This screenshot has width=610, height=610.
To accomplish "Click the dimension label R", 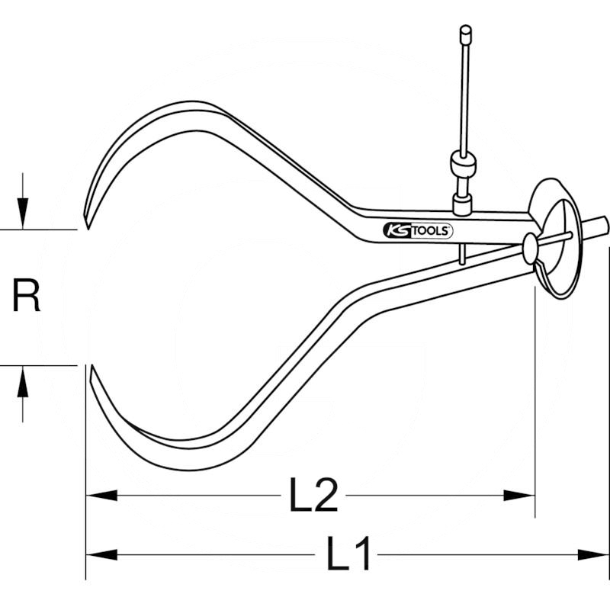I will click(27, 297).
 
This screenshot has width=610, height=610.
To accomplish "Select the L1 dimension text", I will click(349, 554).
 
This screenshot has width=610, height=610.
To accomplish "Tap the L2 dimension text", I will click(313, 496).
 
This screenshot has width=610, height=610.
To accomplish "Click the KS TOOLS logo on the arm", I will click(417, 230).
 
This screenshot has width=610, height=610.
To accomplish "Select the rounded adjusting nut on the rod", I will click(464, 163).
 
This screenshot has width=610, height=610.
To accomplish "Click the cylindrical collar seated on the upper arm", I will click(463, 203).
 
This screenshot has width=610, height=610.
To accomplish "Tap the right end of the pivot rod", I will click(602, 225).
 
